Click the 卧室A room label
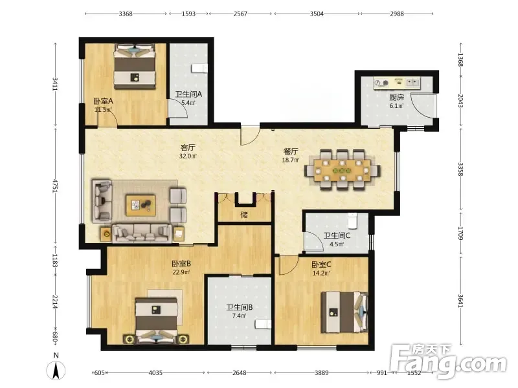[103, 101]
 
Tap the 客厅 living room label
[188, 147]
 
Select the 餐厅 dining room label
[291, 151]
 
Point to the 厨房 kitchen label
[396, 98]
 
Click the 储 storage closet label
[244, 215]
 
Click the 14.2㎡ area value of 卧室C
[321, 273]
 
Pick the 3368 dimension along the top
[126, 14]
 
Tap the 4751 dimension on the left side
[56, 186]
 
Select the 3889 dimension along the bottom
[321, 373]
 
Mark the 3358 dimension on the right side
[461, 169]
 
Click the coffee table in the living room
[141, 205]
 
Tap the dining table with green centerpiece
[343, 170]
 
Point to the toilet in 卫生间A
[199, 69]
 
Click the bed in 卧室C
[344, 312]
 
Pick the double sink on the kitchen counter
[412, 82]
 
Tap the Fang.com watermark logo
[448, 361]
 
